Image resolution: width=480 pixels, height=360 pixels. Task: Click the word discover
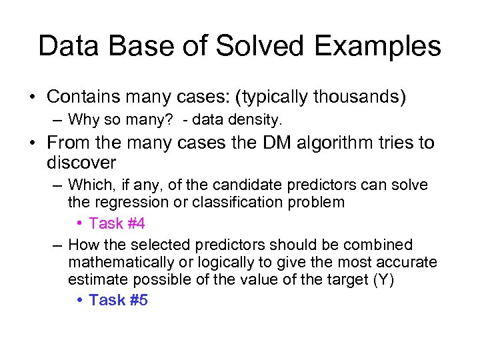pos(81,162)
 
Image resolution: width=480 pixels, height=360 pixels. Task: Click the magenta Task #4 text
pos(117,223)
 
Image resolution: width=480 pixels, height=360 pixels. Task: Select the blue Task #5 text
pos(118,300)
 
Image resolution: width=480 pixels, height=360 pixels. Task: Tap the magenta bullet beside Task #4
pos(79,223)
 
